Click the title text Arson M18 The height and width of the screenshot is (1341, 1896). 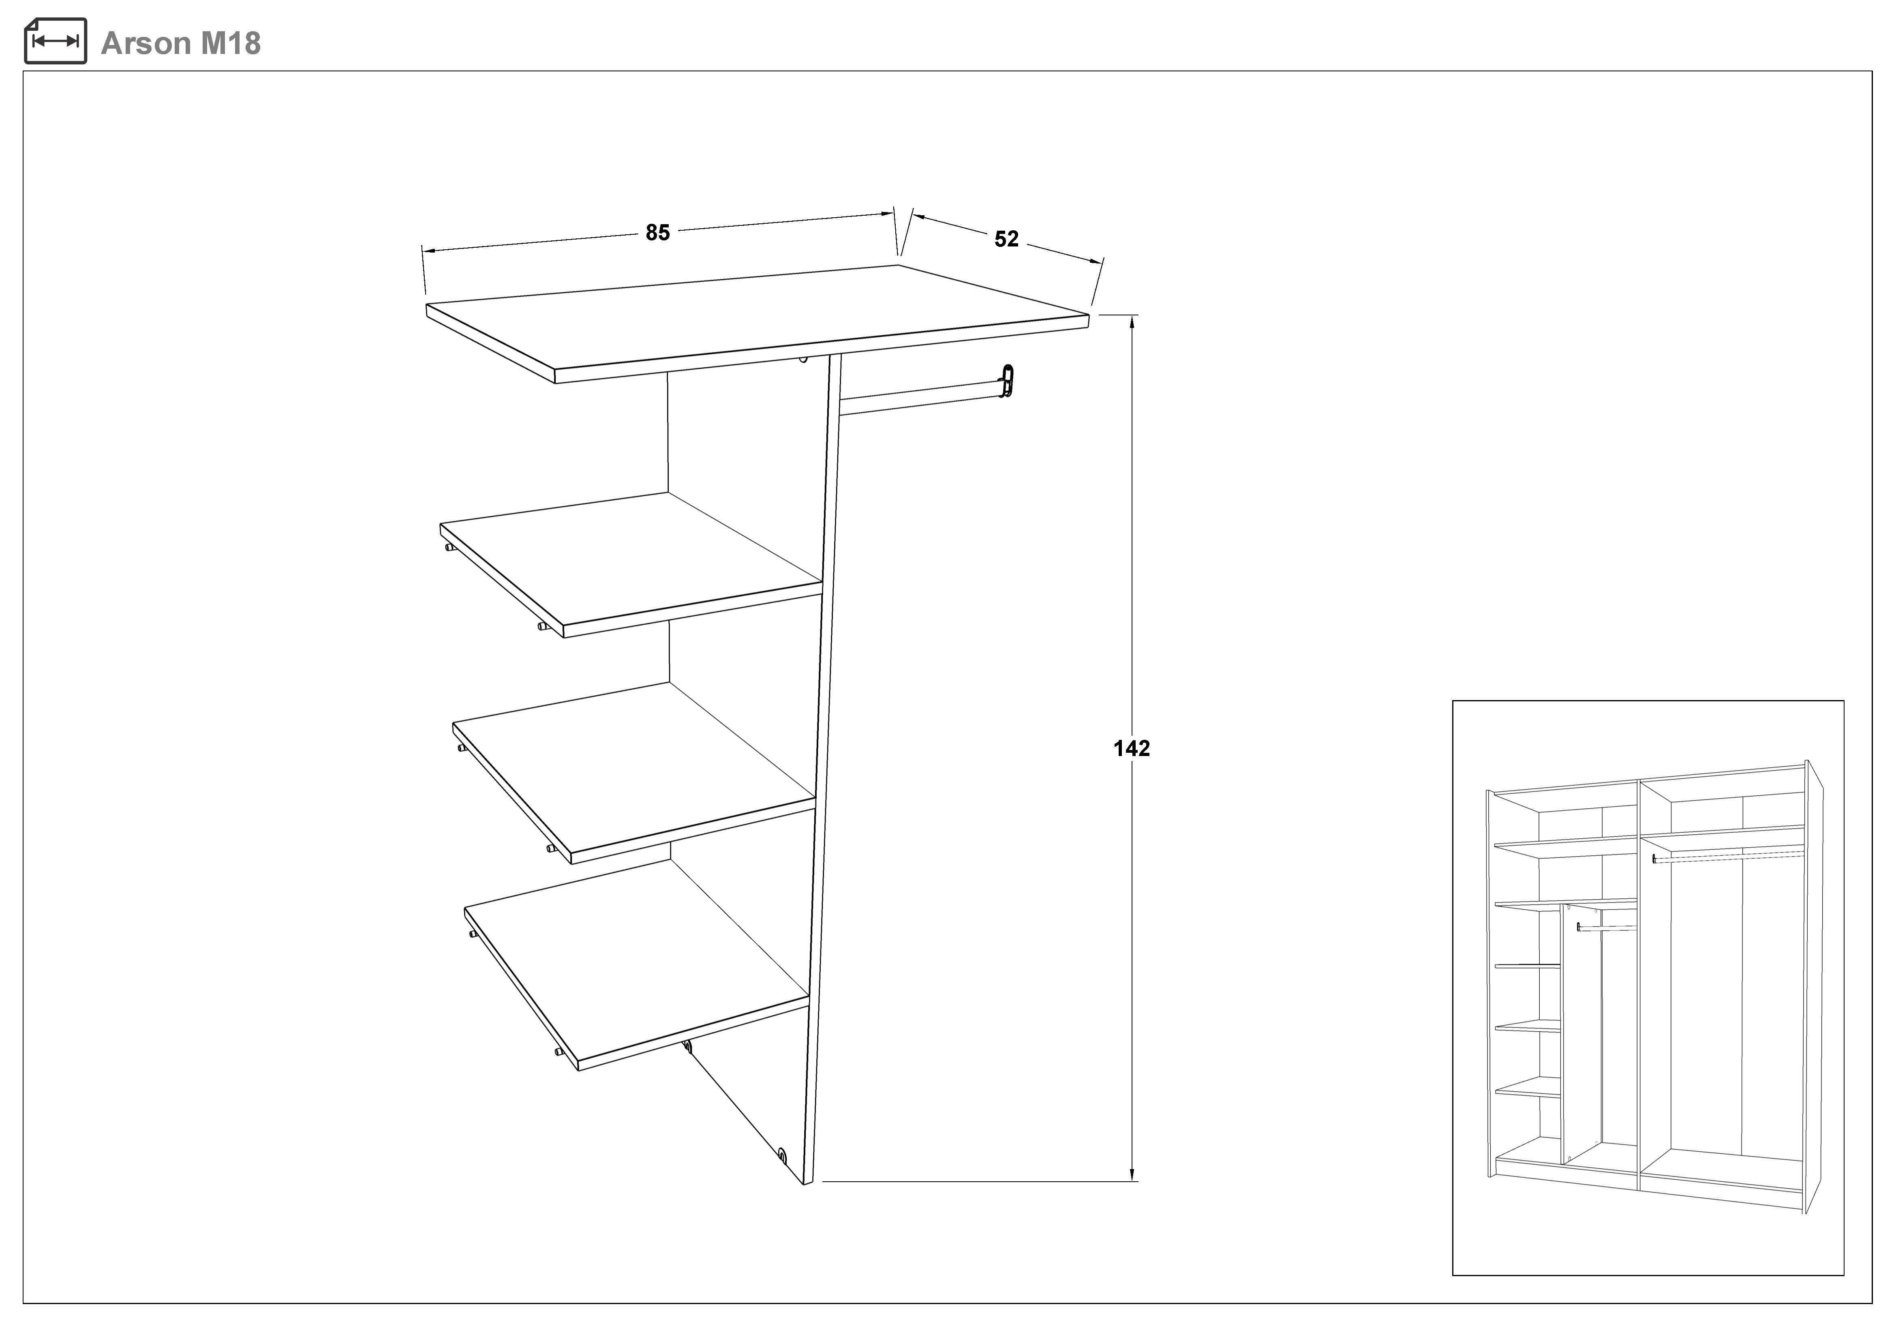tap(181, 43)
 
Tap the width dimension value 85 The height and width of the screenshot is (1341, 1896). tap(657, 233)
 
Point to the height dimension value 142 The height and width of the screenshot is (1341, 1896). tap(1131, 748)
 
